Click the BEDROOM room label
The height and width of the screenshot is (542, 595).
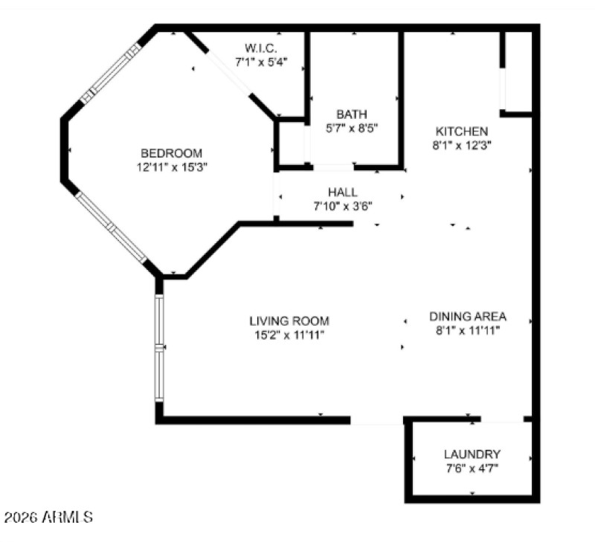171,153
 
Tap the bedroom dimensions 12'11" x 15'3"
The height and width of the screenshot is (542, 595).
171,168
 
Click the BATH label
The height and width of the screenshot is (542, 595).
352,114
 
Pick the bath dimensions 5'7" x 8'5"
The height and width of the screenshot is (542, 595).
352,128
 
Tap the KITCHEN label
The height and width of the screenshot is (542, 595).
461,132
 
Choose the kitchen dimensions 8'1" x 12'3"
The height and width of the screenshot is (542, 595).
461,146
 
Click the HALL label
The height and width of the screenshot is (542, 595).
342,192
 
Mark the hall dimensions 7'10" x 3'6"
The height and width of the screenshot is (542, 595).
342,206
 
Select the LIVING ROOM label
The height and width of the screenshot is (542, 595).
289,321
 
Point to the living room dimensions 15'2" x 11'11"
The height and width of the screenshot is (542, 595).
289,335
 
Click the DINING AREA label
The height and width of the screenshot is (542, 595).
468,316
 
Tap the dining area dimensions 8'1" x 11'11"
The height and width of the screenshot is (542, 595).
468,330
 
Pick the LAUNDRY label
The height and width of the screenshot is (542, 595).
472,454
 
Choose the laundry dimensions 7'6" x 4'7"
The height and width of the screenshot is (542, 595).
472,468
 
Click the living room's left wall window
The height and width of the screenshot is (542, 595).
159,347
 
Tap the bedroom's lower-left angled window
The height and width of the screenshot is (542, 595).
112,228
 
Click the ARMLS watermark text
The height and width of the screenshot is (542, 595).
48,516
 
